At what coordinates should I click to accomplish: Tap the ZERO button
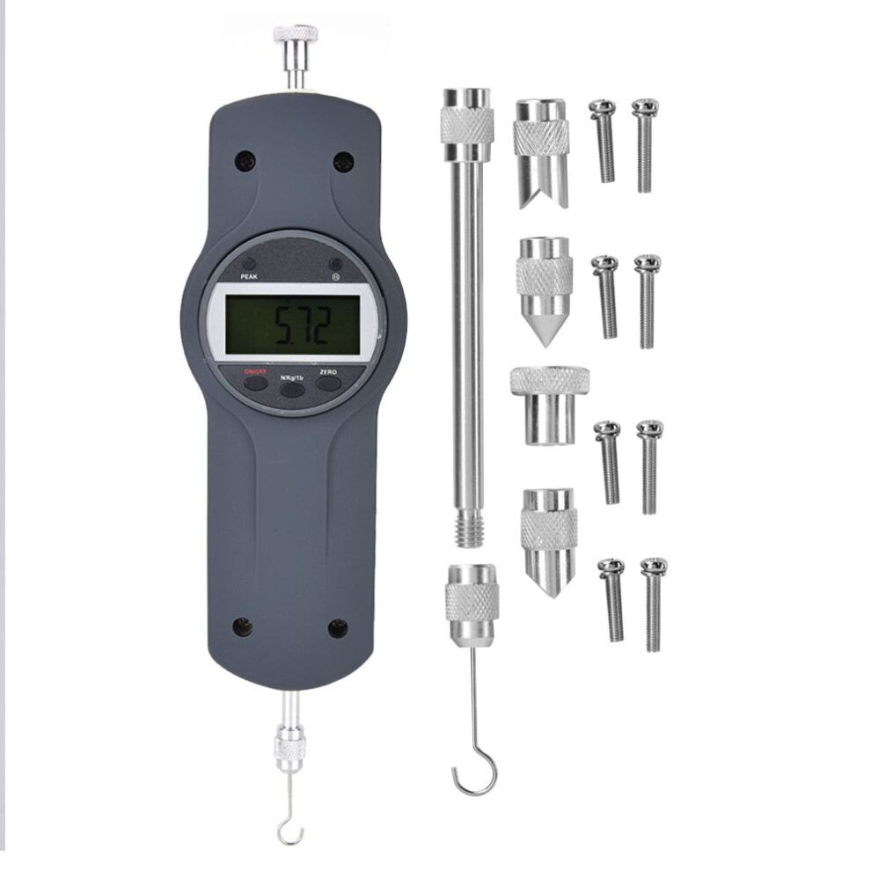(x=328, y=384)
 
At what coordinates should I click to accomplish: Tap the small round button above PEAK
(x=250, y=264)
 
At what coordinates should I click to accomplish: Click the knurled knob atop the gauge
(x=295, y=34)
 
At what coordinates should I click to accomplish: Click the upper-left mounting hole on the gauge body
(x=245, y=161)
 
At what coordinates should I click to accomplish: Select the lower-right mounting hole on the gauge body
(x=338, y=628)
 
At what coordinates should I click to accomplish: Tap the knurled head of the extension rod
(x=466, y=124)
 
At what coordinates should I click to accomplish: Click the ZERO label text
(x=329, y=371)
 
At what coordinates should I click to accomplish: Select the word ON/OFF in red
(x=256, y=371)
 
